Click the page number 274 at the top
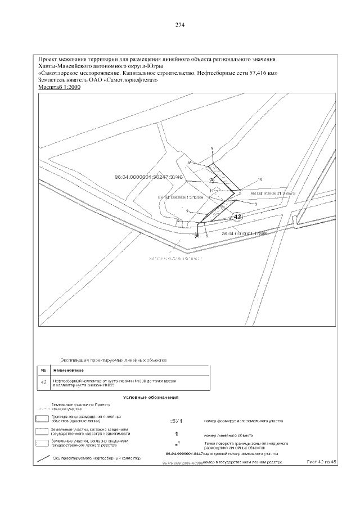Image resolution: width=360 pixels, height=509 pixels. pos(180,25)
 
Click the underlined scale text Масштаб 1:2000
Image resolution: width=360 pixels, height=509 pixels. pos(58,88)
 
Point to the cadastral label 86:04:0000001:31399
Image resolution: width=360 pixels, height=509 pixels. pos(180,197)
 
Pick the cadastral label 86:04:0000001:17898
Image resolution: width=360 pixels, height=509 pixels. pos(244,233)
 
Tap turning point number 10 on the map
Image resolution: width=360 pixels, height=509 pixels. pos(260,179)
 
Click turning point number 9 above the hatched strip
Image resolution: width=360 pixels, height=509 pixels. pos(212,149)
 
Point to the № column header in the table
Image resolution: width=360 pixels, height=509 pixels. pos(44,370)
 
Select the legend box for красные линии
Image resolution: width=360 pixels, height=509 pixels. pos(43,418)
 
